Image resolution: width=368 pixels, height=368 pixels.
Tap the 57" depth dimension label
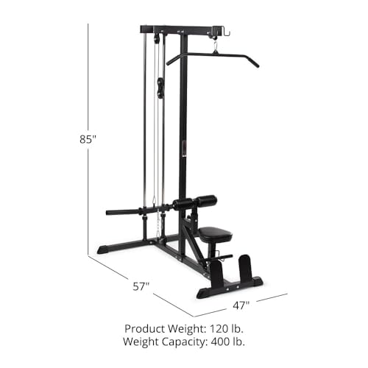(x=141, y=283)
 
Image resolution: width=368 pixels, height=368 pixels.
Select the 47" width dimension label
(x=242, y=304)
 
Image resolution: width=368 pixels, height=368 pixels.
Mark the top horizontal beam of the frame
(x=180, y=31)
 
